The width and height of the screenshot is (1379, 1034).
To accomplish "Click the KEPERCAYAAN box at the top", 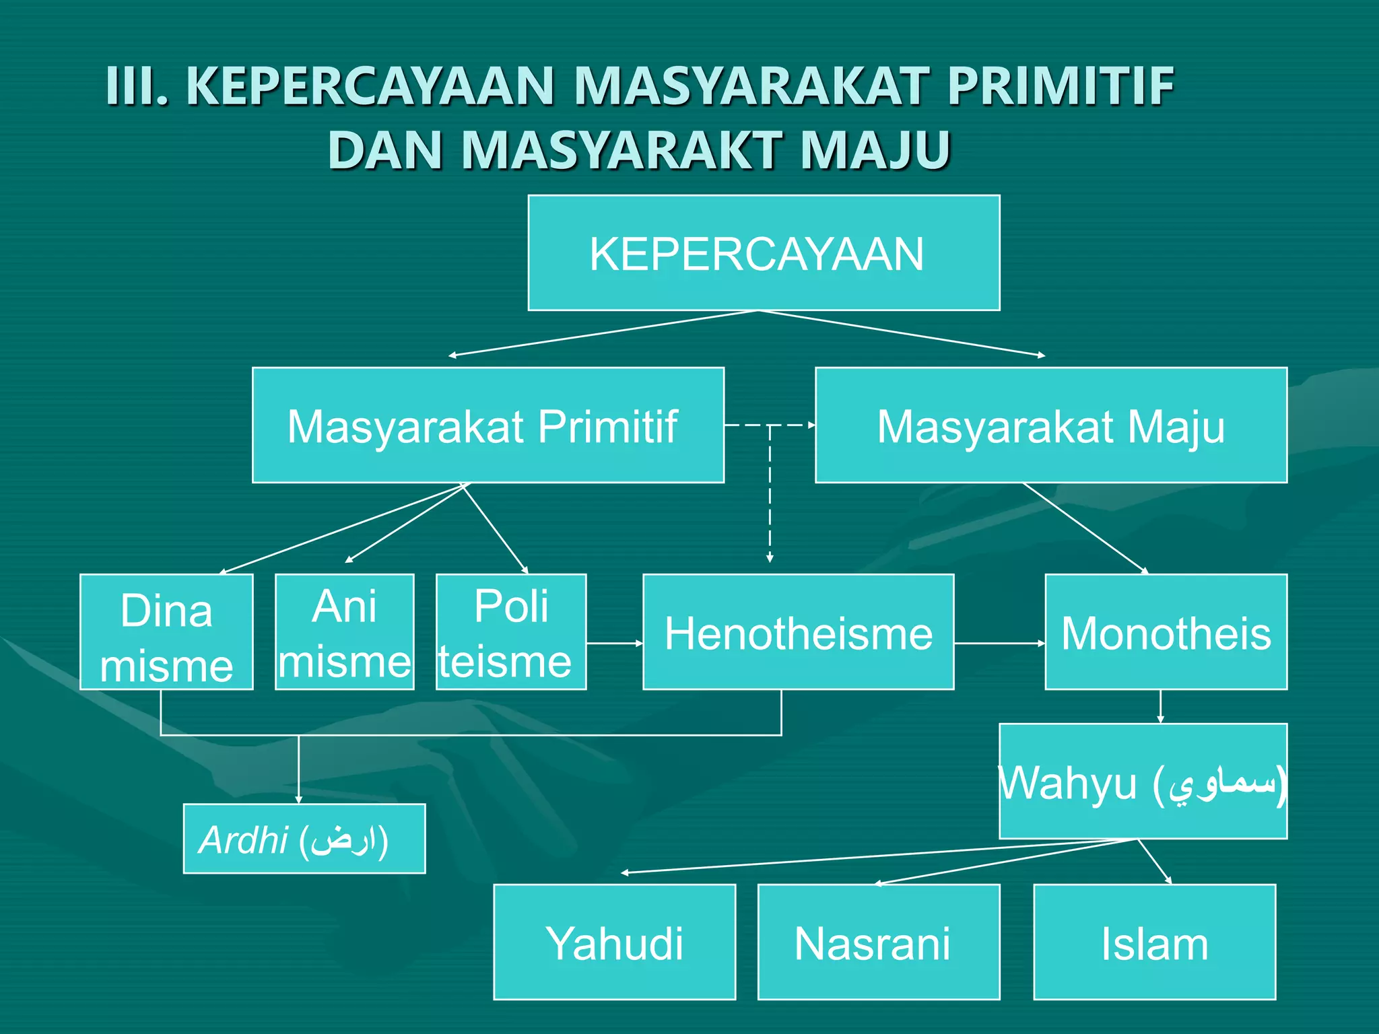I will click(764, 253).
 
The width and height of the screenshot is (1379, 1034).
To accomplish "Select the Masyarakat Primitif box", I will click(487, 425).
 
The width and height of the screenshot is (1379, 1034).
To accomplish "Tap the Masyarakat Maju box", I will click(1050, 425).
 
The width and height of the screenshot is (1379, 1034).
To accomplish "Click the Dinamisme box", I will click(166, 632).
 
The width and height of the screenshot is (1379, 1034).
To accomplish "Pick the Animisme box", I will click(344, 632).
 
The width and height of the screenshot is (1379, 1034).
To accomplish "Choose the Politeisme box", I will click(510, 632).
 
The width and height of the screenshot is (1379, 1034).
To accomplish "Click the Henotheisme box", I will click(798, 632).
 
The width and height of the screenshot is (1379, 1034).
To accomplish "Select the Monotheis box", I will click(1166, 632).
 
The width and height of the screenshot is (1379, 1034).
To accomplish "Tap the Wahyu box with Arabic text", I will click(1143, 781).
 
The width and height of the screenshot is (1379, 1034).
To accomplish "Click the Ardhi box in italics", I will click(304, 839).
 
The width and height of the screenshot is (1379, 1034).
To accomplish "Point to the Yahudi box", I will click(614, 942).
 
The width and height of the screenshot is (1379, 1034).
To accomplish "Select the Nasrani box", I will click(878, 942).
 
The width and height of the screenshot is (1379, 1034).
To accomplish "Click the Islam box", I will click(1154, 942).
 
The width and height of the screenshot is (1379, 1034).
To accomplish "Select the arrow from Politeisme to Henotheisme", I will click(614, 644).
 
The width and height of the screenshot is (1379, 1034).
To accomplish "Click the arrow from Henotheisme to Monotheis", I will click(999, 644).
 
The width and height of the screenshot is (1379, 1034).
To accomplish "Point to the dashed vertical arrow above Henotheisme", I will click(770, 498).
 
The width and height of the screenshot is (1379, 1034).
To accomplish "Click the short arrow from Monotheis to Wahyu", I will click(1160, 706).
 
